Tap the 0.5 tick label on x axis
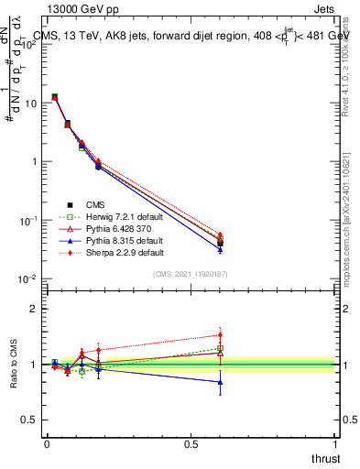click(x=191, y=444)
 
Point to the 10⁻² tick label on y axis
click(x=29, y=279)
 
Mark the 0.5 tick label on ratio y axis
click(x=29, y=420)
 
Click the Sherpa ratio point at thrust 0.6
click(x=220, y=334)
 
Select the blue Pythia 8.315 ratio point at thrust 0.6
click(x=220, y=382)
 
